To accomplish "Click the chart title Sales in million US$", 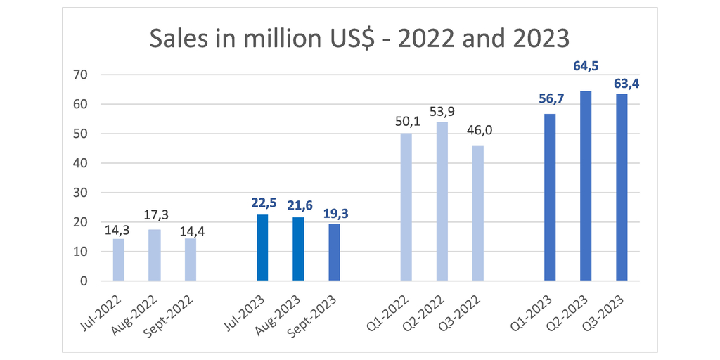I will (x=359, y=38).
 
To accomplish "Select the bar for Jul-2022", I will (x=119, y=259).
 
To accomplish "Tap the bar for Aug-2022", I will (x=155, y=255).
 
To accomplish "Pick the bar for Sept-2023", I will (x=334, y=252).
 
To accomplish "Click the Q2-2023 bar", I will (x=586, y=186).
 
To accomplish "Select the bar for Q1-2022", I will (x=406, y=207).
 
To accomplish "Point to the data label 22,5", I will (x=262, y=202).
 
